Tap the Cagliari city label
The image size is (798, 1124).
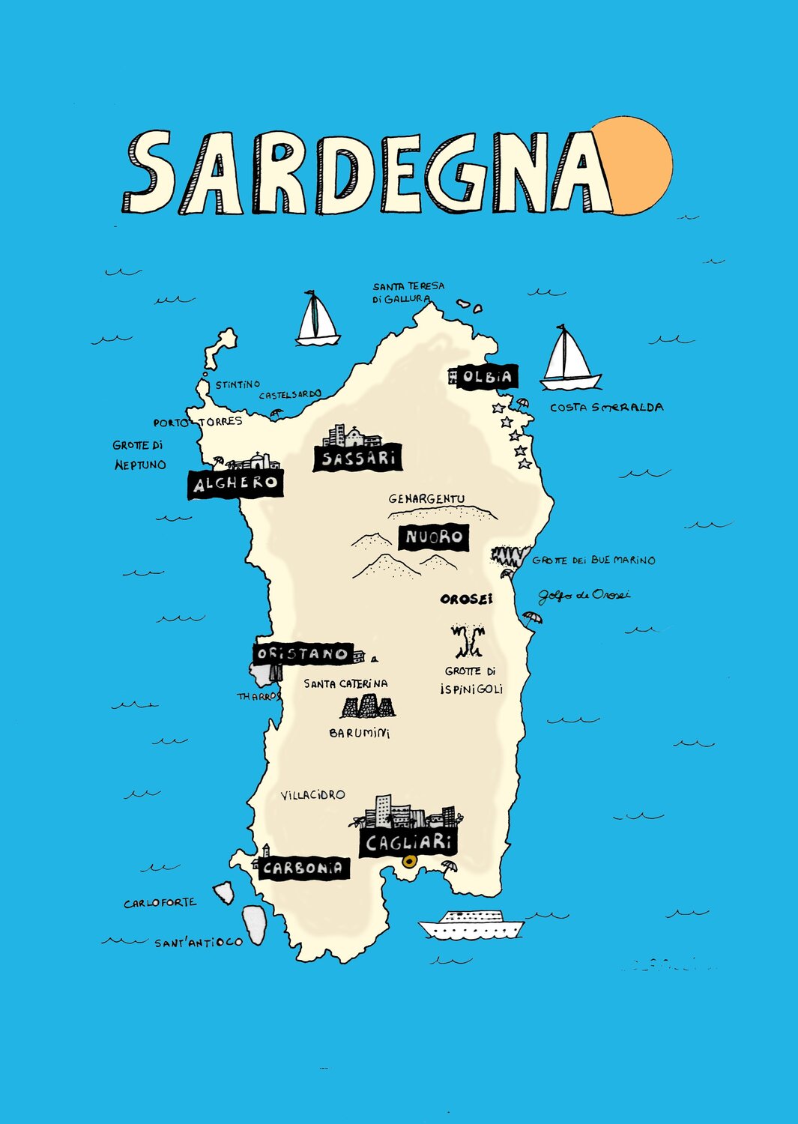pos(408,842)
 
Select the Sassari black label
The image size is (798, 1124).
pos(357,458)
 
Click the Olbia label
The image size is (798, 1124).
pos(486,377)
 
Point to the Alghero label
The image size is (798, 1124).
pos(235,483)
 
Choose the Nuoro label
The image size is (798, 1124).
pos(434,537)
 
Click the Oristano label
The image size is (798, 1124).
pos(302,653)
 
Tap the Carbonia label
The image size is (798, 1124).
pos(303,868)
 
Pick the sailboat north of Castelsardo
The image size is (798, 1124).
pos(317,321)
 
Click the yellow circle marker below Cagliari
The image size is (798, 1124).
pos(409,861)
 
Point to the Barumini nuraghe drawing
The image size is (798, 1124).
pos(367,707)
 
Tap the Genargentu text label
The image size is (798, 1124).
pos(426,499)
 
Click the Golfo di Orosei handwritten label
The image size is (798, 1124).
pos(584,595)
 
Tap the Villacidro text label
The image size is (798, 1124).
pos(312,794)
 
